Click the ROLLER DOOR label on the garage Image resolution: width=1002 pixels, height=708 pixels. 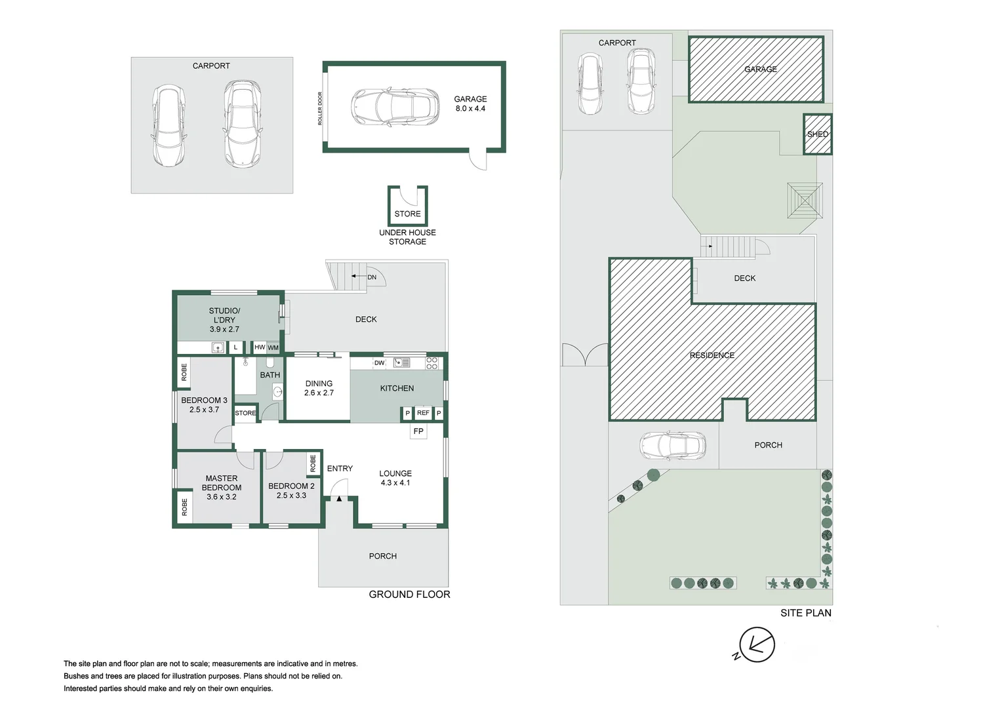320,108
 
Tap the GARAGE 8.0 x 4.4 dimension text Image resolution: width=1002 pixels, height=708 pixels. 470,104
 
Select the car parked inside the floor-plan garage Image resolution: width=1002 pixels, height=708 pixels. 395,106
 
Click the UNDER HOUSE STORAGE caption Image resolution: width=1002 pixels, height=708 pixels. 407,237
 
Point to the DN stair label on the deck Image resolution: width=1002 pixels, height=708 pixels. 372,277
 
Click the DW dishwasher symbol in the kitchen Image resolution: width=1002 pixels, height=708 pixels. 379,363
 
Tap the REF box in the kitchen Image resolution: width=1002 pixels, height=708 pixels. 423,413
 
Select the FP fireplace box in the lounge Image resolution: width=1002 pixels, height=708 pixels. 418,431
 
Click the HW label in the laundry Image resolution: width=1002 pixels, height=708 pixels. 260,347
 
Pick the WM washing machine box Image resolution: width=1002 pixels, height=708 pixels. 273,347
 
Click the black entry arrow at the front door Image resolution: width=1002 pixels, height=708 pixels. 339,498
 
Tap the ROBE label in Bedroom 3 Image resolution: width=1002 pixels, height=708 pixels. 184,372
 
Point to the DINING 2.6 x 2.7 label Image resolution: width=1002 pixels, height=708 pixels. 319,388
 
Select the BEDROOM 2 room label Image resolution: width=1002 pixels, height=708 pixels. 291,486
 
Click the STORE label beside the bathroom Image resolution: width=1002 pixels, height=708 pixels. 245,413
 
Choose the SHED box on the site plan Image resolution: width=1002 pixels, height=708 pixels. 817,134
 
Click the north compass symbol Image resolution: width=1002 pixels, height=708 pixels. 757,644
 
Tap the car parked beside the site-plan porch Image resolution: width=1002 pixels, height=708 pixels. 673,446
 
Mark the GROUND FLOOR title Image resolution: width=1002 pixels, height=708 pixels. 409,595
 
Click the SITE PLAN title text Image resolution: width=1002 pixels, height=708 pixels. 806,613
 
